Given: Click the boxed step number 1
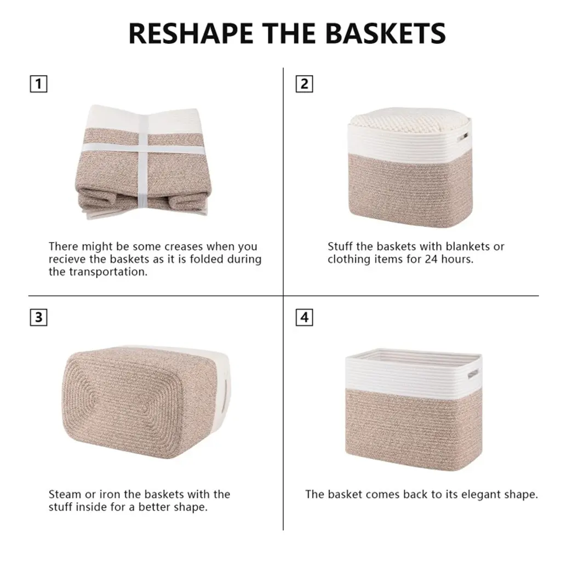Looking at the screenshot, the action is (38, 84).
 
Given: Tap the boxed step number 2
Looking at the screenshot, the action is (304, 84).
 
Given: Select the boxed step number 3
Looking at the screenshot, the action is (38, 317).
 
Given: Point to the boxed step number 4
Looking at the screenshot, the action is (304, 317).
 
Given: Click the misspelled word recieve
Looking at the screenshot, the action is (67, 259).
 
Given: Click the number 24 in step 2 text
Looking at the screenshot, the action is (431, 259).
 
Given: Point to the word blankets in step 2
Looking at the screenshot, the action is (467, 247).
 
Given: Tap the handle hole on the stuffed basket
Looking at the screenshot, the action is (464, 136).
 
